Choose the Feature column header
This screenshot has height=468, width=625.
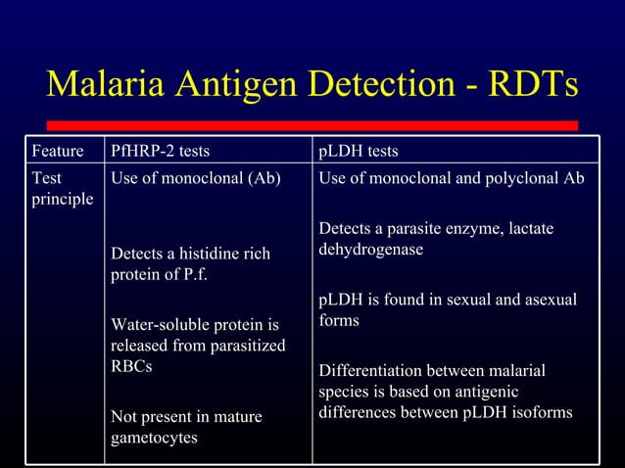point(57,152)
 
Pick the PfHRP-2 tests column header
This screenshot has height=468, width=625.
point(161,152)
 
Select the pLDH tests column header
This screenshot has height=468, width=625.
point(359,152)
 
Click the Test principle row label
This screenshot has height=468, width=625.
point(63,189)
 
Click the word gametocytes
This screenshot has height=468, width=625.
point(154,437)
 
